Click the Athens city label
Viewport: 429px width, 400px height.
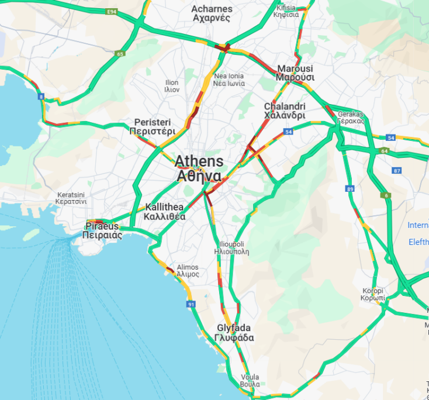point(199,168)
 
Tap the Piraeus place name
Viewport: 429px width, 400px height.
point(102,230)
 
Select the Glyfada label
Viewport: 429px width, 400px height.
point(234,333)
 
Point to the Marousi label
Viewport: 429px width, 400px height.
point(295,73)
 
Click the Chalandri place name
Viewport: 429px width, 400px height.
point(285,111)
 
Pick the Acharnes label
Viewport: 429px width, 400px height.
point(212,13)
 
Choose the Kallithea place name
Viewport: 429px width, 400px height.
point(164,212)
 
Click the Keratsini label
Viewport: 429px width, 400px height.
point(72,198)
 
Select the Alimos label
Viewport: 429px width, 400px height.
point(188,270)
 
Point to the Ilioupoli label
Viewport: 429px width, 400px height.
point(232,248)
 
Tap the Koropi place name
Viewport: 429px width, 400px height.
point(373,294)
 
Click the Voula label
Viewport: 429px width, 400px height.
point(250,380)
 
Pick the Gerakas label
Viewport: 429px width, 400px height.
point(351,118)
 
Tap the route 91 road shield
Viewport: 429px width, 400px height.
point(191,305)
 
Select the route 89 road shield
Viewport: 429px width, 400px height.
point(350,189)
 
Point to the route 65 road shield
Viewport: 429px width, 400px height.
point(120,54)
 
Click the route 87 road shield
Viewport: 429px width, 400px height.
point(397,171)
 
